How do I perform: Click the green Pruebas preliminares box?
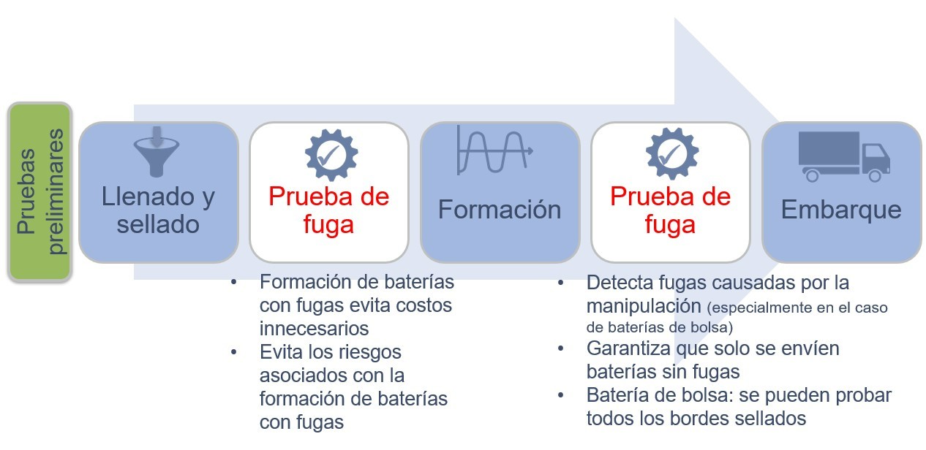[x=40, y=191]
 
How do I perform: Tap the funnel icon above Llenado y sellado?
[x=157, y=151]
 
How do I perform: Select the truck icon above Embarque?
[x=843, y=156]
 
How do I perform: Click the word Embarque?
[x=841, y=210]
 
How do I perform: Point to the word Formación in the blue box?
[x=500, y=210]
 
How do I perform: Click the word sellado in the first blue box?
[x=158, y=224]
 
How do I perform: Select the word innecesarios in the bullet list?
[x=314, y=328]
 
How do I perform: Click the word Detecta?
[x=622, y=282]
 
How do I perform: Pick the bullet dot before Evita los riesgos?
[x=234, y=351]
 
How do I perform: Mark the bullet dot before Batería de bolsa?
[x=561, y=395]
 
